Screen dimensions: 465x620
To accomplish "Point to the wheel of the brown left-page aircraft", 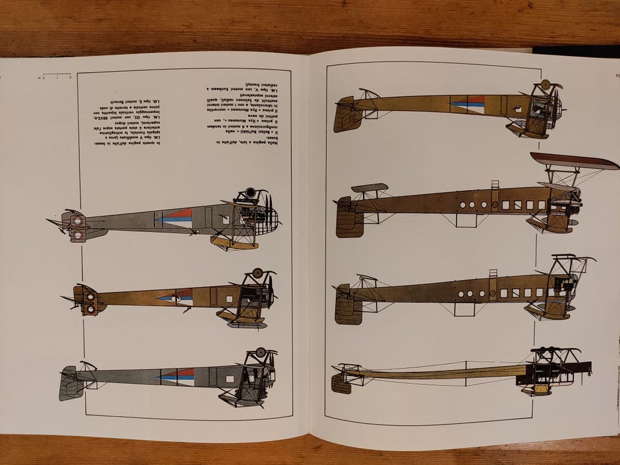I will click(x=258, y=273).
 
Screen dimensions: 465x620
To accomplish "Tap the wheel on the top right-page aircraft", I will click(x=545, y=84).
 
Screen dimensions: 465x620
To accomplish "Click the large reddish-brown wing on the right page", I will click(x=574, y=161).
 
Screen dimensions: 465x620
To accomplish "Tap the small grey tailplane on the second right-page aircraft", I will click(x=369, y=188).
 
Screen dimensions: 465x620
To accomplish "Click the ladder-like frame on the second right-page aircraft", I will click(x=495, y=197).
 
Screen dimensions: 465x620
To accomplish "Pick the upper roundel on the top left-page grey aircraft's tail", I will click(x=76, y=221).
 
